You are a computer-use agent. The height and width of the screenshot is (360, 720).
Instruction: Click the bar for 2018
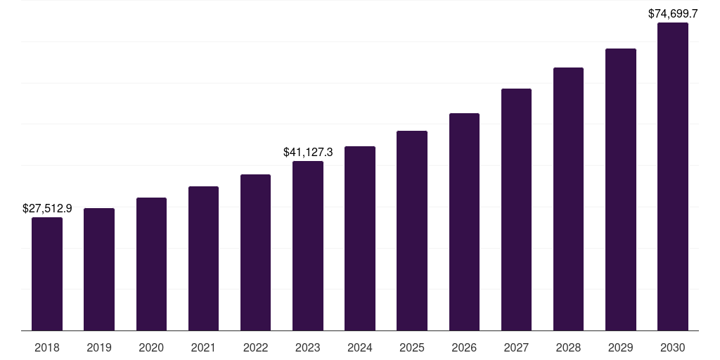pos(47,274)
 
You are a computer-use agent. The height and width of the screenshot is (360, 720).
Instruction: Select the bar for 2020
pos(151,264)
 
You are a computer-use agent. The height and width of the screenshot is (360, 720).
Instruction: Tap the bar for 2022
pos(255,252)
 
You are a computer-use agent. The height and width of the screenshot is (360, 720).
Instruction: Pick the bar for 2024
pos(360,238)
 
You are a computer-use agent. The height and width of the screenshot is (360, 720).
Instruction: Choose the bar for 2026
pos(464,222)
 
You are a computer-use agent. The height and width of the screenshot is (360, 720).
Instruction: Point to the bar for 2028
pos(568,199)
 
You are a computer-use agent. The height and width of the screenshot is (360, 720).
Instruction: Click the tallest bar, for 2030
pos(673,176)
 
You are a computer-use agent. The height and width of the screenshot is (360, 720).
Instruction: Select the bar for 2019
pos(99,269)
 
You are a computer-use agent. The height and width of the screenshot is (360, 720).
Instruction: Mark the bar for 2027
pos(516,210)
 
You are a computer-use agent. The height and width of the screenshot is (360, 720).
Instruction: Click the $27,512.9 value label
pos(47,208)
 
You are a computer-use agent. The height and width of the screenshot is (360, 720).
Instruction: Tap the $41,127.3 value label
pos(308,152)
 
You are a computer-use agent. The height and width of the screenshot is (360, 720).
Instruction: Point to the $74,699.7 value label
pos(673,13)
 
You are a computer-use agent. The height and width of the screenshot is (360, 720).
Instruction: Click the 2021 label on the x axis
pos(203,348)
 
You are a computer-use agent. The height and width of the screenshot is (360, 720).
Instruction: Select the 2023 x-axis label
pos(308,348)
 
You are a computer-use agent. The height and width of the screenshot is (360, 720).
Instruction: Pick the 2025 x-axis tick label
pos(412,348)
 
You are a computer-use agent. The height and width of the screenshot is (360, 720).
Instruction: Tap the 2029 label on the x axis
pos(621,348)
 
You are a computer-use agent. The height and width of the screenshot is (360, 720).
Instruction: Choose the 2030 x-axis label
pos(673,348)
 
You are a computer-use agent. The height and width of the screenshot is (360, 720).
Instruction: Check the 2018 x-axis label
pos(47,348)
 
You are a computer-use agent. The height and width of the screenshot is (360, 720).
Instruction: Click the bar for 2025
pos(412,231)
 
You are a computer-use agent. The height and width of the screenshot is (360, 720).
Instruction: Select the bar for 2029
pos(621,190)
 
